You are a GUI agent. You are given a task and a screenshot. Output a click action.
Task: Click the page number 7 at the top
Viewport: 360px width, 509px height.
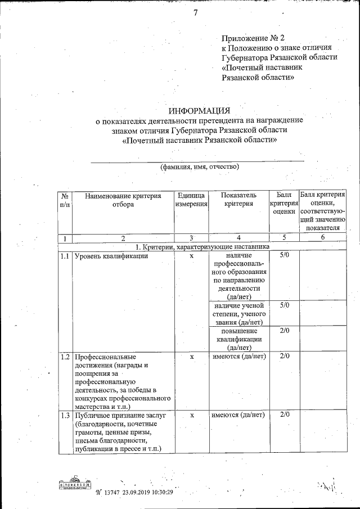(195, 15)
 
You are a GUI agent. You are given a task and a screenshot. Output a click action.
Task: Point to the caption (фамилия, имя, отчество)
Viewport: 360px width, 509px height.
(200, 167)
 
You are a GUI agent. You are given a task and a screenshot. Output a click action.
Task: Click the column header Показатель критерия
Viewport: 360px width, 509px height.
(238, 200)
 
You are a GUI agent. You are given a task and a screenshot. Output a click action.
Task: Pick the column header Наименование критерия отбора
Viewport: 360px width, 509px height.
(123, 200)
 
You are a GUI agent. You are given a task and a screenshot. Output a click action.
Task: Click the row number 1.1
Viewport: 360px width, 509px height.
(65, 256)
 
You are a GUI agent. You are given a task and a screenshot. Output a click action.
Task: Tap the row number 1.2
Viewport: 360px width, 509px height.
(65, 357)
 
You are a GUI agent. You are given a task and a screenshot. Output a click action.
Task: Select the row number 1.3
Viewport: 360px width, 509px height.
(65, 415)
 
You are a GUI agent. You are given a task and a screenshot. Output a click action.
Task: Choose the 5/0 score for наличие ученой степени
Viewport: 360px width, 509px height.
(284, 305)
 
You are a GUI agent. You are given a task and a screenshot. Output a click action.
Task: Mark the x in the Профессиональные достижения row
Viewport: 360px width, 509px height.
(192, 357)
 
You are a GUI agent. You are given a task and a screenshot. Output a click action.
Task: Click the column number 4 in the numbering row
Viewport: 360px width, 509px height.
(238, 238)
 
